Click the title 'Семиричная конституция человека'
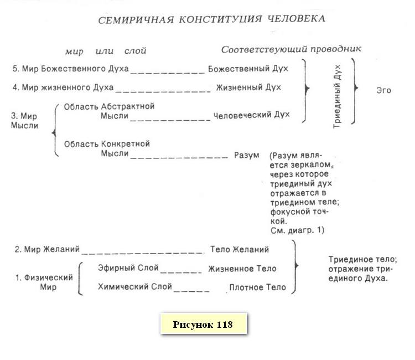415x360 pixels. click(x=211, y=19)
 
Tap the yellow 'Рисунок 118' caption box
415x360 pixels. click(x=203, y=325)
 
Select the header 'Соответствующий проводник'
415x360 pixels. click(x=291, y=49)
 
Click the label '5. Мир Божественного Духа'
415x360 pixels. click(x=70, y=69)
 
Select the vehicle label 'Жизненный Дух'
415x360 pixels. click(x=248, y=88)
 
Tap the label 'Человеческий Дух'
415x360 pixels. click(x=251, y=115)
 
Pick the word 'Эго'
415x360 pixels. click(x=383, y=90)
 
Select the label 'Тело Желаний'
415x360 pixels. click(x=240, y=249)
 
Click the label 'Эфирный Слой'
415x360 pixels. click(x=128, y=268)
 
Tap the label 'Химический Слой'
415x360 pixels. click(x=134, y=287)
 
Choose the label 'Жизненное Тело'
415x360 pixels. click(x=242, y=269)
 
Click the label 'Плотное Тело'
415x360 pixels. click(x=257, y=287)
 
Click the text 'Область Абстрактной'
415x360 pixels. click(x=109, y=106)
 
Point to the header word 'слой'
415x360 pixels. click(x=136, y=51)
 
